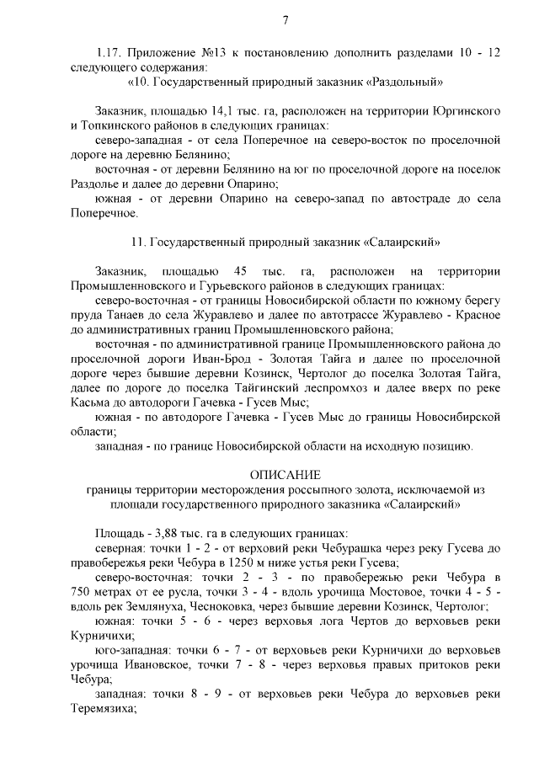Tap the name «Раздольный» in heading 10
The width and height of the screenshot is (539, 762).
coord(406,83)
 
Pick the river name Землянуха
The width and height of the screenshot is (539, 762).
coord(167,606)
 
